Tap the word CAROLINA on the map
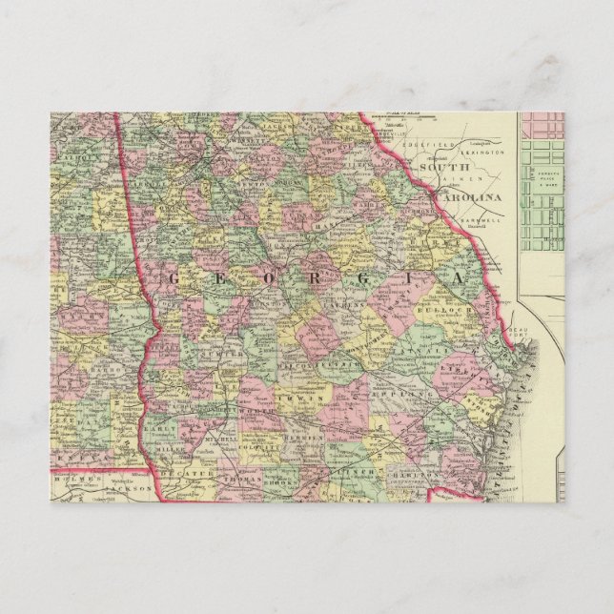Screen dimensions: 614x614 (466, 196)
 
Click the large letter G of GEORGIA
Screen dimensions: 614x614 (174, 277)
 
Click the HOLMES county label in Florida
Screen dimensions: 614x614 (73, 480)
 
